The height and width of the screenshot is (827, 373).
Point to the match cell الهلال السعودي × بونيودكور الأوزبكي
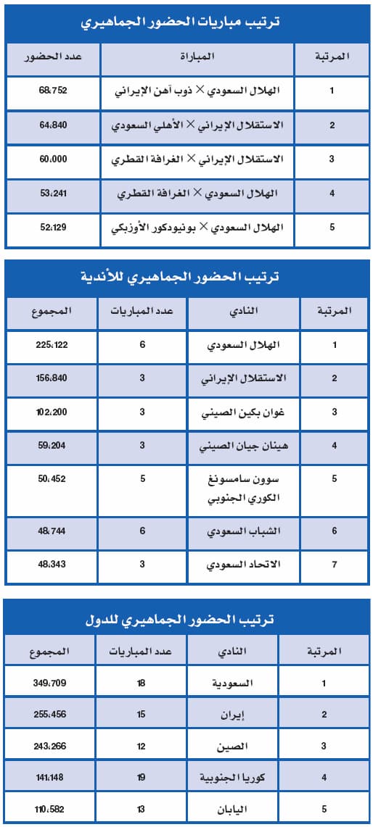pos(198,228)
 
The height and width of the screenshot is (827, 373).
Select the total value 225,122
pos(52,344)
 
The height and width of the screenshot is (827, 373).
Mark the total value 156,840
pos(52,378)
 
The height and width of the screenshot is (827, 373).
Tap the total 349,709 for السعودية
pos(50,683)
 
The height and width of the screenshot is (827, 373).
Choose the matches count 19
pos(141,778)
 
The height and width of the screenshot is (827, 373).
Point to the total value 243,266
pos(50,746)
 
